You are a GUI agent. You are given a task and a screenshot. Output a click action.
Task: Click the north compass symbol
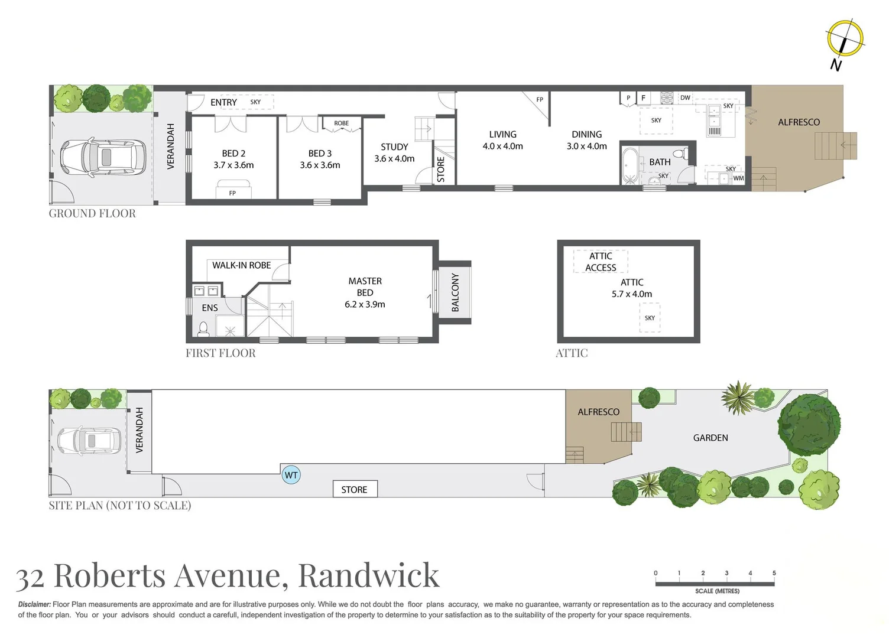(845, 40)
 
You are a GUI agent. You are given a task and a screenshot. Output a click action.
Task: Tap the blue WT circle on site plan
(291, 475)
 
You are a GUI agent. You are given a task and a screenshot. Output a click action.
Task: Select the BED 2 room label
(233, 153)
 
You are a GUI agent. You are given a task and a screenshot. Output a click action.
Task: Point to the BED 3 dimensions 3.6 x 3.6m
(320, 165)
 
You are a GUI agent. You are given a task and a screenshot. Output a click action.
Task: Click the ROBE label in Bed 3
(341, 123)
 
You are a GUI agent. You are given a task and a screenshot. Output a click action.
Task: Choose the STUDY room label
(394, 147)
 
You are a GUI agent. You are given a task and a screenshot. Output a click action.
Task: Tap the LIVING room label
(502, 135)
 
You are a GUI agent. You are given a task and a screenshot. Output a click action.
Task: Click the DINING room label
(586, 135)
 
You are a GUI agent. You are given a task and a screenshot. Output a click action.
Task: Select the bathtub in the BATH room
(629, 165)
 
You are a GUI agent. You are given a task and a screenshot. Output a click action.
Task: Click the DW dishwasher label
(685, 98)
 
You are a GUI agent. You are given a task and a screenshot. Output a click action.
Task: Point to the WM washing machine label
(738, 178)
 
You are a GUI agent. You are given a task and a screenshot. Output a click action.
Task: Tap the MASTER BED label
(365, 287)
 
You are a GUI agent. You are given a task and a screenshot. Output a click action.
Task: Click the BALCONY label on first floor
(455, 292)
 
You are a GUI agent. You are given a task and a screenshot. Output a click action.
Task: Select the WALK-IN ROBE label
(241, 265)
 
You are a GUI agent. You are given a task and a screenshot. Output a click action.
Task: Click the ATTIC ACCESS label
(601, 262)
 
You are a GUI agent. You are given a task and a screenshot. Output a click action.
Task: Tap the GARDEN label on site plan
(710, 438)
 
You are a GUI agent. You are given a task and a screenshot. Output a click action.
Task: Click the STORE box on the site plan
(354, 489)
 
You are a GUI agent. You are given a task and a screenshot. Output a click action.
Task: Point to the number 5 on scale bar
(774, 573)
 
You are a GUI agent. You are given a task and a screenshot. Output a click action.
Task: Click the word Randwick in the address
(369, 575)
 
